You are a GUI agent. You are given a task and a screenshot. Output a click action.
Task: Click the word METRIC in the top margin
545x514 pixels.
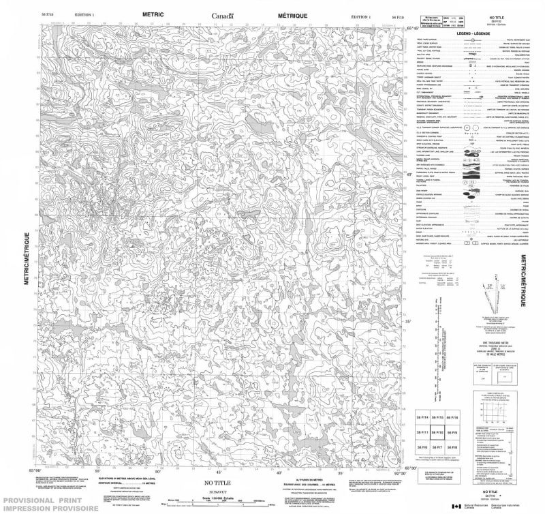[153, 14]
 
